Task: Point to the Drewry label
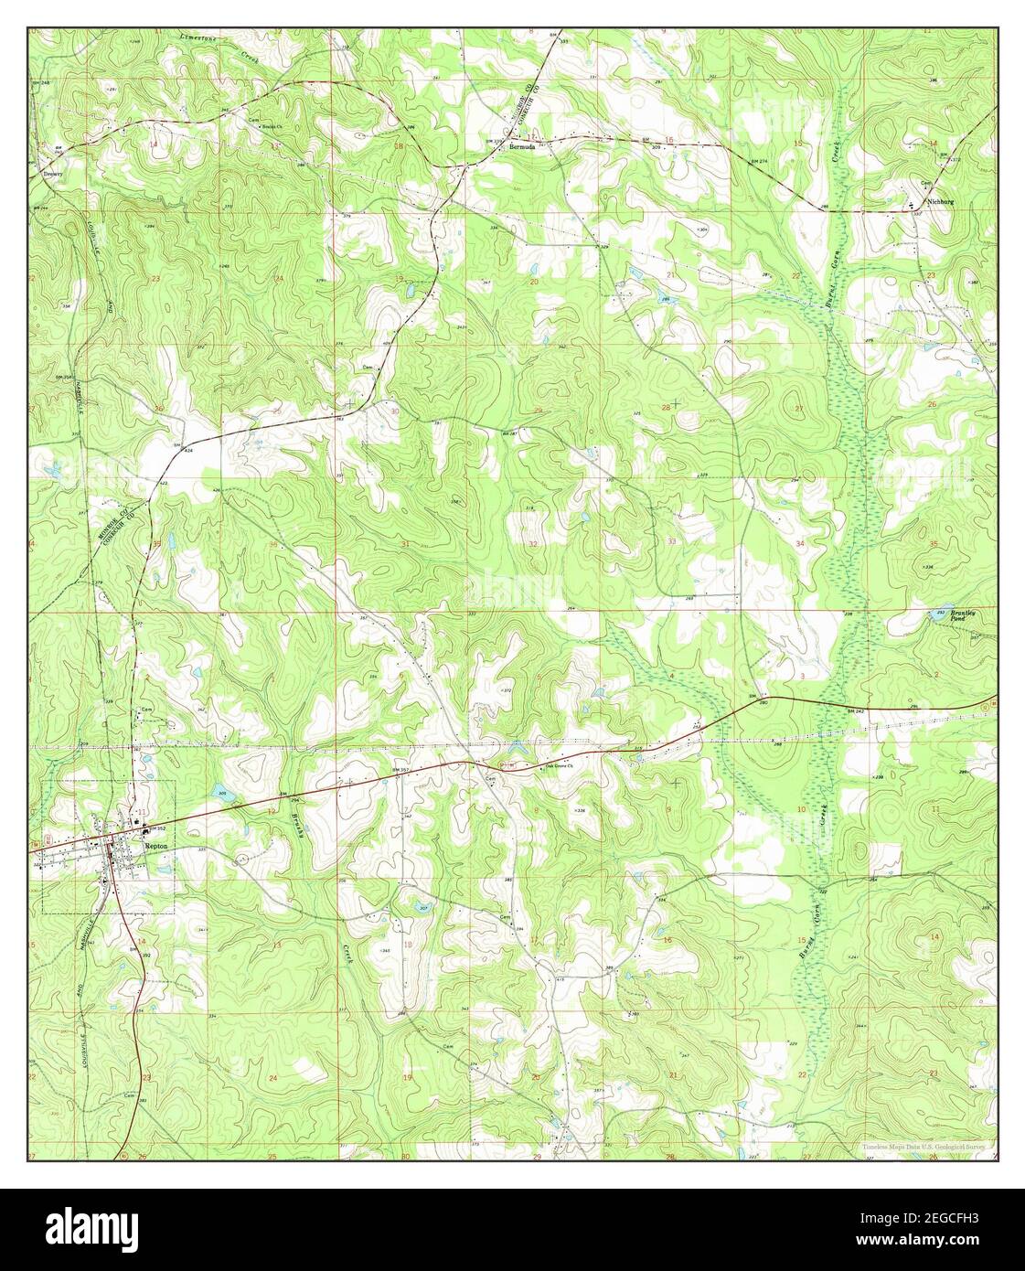click(53, 173)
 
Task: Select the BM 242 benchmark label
click(854, 710)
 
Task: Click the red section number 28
click(666, 407)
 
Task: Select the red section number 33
click(672, 541)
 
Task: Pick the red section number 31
click(403, 545)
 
